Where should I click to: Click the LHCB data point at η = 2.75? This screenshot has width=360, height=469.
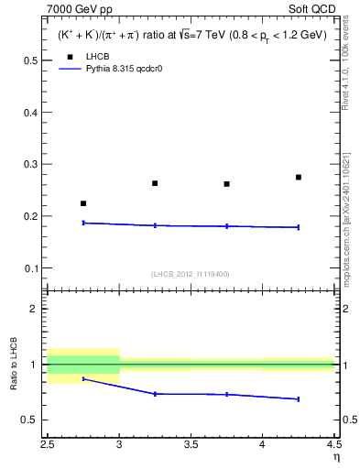[83, 203]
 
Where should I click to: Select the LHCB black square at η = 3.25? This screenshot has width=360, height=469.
[155, 183]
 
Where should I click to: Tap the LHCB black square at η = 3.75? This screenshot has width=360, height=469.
[226, 184]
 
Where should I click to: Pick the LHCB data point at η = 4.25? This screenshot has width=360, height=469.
[299, 177]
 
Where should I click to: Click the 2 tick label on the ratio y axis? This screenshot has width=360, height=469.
[33, 309]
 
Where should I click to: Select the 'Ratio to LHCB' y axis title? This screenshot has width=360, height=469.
[13, 364]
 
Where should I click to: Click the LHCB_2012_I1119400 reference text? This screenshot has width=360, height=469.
[190, 274]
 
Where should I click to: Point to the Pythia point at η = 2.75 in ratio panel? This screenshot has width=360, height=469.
[83, 378]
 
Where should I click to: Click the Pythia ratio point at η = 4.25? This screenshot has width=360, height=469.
[299, 399]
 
